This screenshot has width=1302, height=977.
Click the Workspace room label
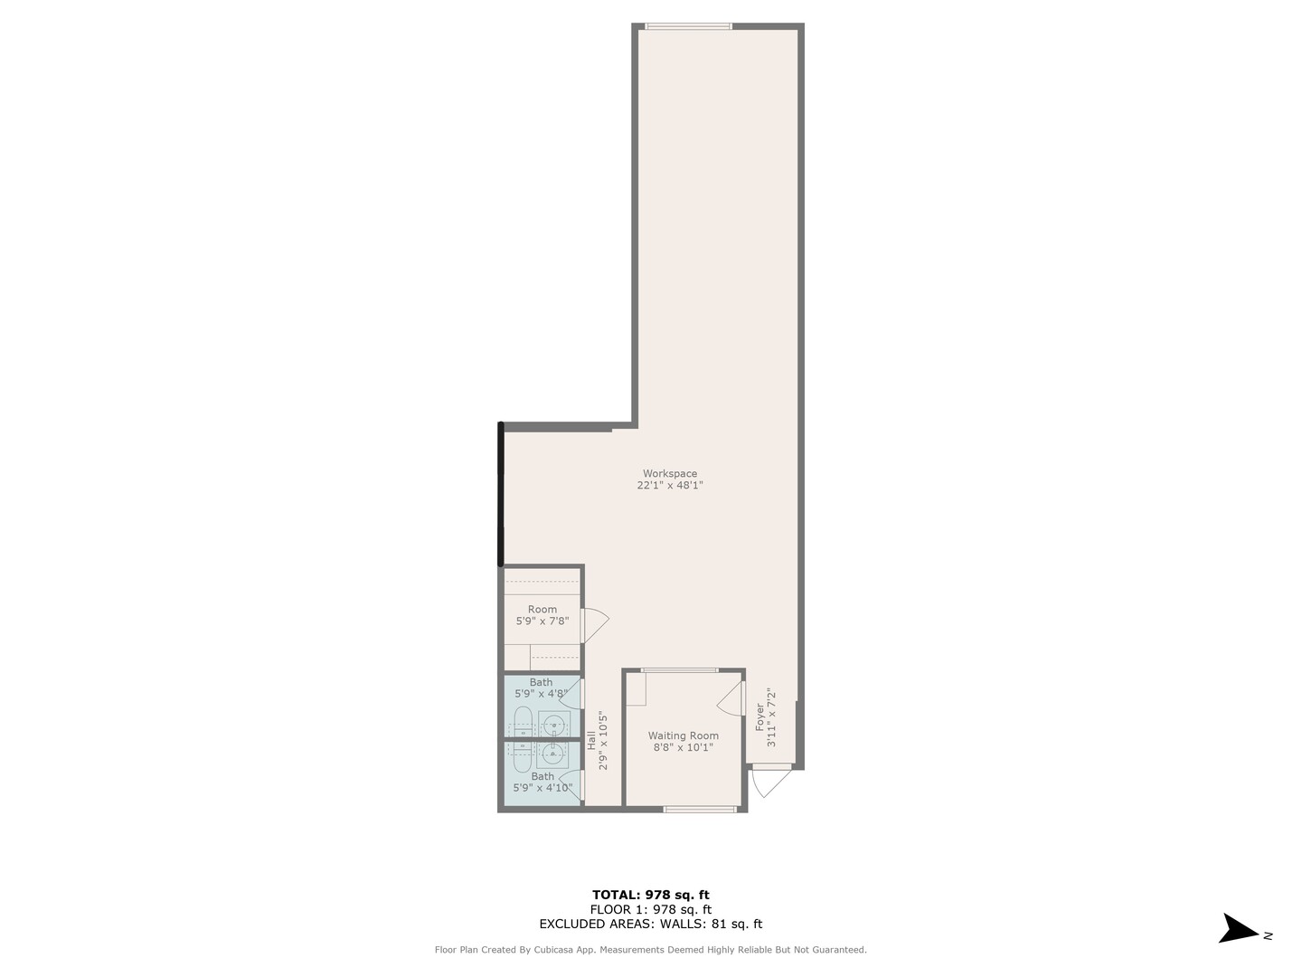pos(669,473)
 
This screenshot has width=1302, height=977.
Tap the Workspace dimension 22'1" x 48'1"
pos(669,486)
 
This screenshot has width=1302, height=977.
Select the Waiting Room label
pos(683,735)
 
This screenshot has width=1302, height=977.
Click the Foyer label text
pos(759,716)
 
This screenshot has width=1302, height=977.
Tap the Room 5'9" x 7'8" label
pos(542,615)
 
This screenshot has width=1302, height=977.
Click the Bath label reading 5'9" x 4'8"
pos(541,688)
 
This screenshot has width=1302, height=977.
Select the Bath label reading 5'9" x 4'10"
pos(542,782)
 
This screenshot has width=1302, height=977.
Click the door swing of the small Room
pos(594,624)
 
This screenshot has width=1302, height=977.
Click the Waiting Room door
pos(731,697)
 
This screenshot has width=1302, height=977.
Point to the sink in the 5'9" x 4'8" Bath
pos(552,725)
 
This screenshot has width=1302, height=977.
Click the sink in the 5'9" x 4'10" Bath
pos(552,753)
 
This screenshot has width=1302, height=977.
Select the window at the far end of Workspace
pos(688,26)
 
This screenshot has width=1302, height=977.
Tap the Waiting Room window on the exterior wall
pos(699,809)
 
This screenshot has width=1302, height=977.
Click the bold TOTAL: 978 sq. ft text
pos(650,895)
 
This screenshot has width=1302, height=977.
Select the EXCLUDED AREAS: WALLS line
pos(650,924)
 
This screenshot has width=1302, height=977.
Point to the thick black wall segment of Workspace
pos(500,494)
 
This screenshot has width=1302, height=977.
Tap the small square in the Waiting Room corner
pos(637,690)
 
